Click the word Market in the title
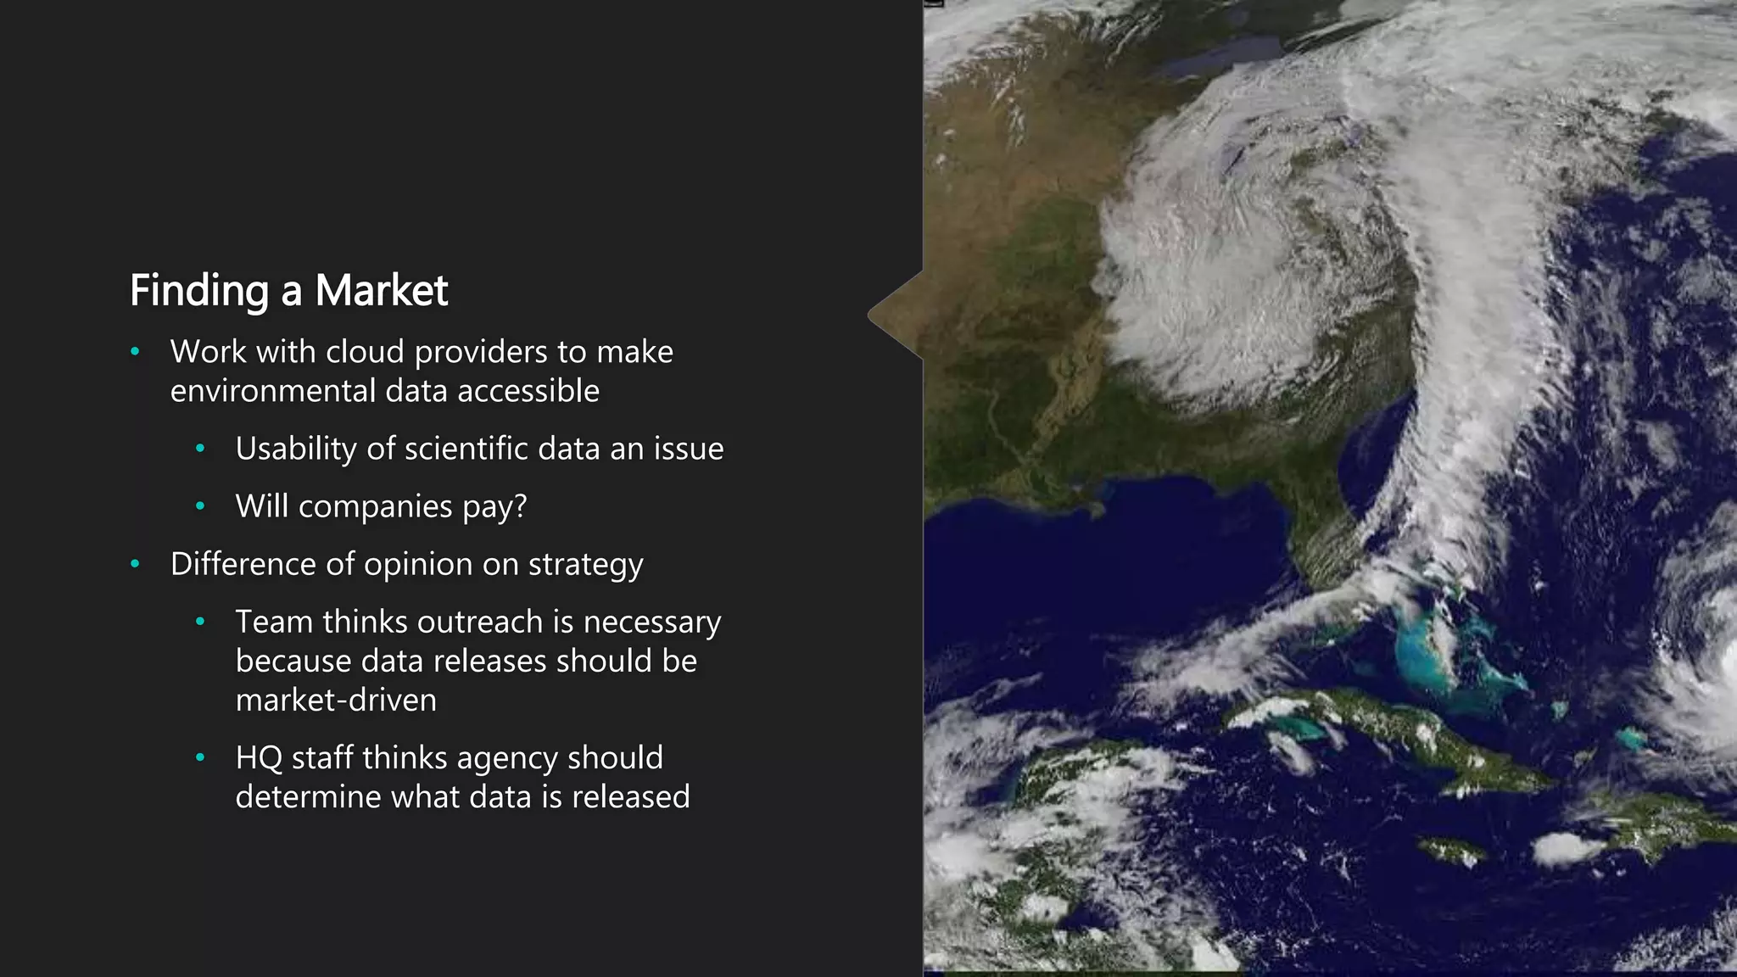381,291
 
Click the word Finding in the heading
198,291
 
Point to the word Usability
296,449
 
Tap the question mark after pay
520,506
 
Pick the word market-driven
336,701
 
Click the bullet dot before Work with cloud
135,352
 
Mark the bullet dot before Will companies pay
200,506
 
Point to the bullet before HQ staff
200,757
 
